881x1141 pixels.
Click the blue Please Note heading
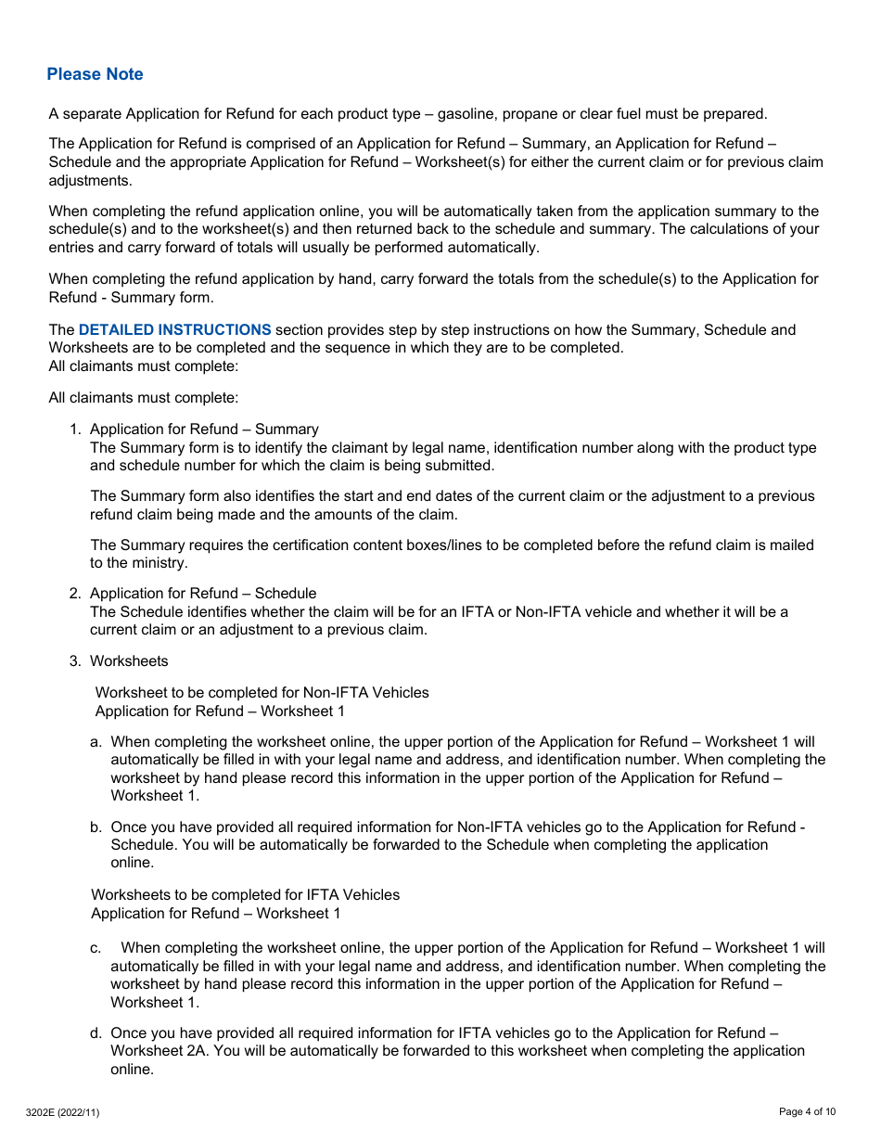point(95,74)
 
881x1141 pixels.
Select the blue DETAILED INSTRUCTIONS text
point(174,330)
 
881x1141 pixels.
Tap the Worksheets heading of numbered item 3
point(129,661)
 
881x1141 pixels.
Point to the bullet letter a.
point(96,742)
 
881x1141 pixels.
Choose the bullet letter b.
point(96,827)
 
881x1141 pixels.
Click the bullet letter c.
point(96,948)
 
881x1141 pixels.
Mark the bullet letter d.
point(96,1033)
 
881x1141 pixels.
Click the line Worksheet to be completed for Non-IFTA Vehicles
point(262,693)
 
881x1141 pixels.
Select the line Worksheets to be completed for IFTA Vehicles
point(246,895)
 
